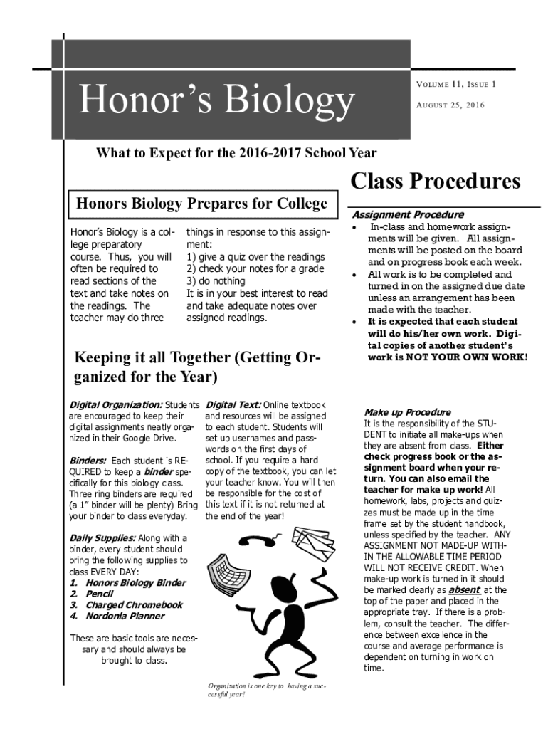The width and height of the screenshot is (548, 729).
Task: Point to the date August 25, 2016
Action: point(450,105)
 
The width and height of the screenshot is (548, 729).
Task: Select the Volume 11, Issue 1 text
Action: point(455,84)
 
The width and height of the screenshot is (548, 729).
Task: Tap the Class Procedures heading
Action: point(436,182)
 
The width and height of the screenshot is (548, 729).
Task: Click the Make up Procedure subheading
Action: point(407,412)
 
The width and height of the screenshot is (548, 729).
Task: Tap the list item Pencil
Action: point(100,594)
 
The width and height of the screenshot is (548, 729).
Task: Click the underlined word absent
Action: point(464,590)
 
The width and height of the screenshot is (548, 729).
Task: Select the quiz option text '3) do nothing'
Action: point(216,282)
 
